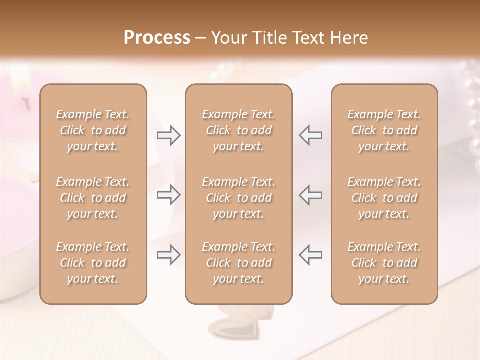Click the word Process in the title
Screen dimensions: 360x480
157,38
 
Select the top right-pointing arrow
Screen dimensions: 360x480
169,135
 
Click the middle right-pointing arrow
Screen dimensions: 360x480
169,195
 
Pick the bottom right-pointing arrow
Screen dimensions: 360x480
169,255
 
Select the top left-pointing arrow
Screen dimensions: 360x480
310,135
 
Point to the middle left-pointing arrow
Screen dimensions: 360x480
310,195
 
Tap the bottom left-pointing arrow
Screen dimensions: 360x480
310,255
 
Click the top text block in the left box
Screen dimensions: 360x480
93,130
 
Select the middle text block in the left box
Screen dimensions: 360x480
93,198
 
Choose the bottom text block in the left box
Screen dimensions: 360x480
93,263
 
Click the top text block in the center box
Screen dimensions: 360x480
238,130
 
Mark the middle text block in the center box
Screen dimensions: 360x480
238,198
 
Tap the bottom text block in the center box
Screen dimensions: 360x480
238,263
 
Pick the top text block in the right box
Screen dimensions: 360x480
384,130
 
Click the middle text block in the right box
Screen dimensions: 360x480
384,198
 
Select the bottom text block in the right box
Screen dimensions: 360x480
384,263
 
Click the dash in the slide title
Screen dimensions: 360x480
201,38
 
